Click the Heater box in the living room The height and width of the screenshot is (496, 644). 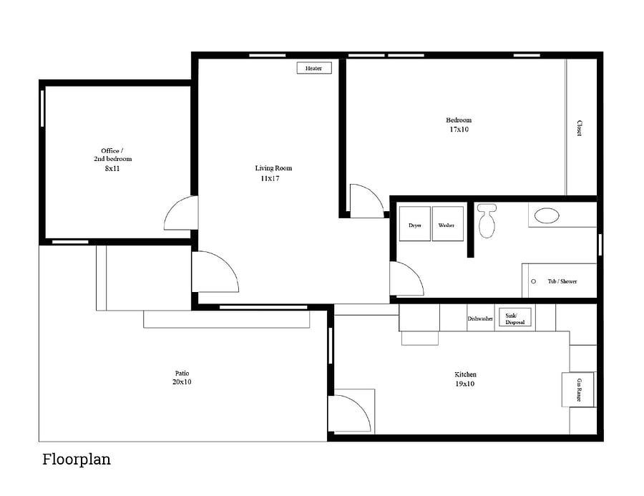coord(314,68)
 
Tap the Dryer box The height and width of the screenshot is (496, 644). coord(415,224)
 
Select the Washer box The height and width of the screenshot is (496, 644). coord(448,224)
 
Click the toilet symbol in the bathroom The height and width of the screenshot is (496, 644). coord(487,220)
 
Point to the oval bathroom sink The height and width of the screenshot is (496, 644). coord(547,215)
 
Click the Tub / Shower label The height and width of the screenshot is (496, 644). coord(562,281)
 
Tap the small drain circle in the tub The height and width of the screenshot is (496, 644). coord(534,281)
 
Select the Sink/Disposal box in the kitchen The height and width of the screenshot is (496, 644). coord(515,317)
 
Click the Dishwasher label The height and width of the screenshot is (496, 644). coord(480,319)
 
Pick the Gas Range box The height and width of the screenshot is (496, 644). coord(578,389)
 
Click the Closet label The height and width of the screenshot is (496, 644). coord(579,128)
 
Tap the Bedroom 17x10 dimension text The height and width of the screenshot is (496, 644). coord(459,130)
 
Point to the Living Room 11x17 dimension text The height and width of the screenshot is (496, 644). coord(270,178)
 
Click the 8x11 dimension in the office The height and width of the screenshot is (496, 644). coord(112,168)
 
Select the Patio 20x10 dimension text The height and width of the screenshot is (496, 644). coord(182,381)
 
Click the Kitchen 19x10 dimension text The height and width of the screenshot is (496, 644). coord(465,384)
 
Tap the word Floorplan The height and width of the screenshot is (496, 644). coord(77,459)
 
